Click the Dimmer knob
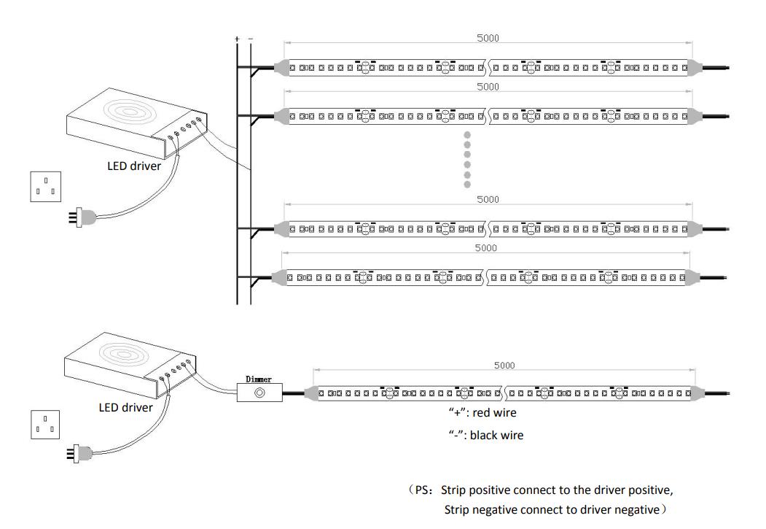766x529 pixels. tap(259, 393)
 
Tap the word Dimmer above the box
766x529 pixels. tap(259, 379)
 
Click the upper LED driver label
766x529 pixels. tap(134, 166)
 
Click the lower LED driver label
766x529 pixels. tap(125, 407)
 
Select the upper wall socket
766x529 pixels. tap(45, 186)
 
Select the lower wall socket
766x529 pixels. tap(45, 425)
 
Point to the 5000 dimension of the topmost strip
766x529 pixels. tap(488, 38)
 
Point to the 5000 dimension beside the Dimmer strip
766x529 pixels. tap(504, 366)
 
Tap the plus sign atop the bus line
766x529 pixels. tap(238, 37)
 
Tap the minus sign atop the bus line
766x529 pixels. tap(251, 37)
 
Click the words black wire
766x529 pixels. tap(496, 435)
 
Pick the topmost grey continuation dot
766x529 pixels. tap(467, 135)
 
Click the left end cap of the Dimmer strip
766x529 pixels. tap(309, 393)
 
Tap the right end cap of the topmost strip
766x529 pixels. tap(695, 67)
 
